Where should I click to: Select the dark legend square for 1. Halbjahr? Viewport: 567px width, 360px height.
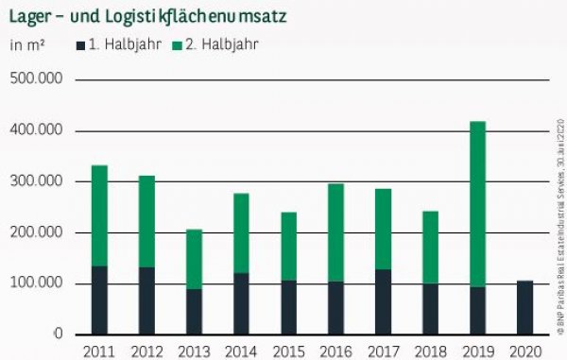click(x=80, y=44)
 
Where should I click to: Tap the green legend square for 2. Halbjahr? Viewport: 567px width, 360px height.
click(x=178, y=44)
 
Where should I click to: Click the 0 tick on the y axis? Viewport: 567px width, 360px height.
click(x=58, y=334)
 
